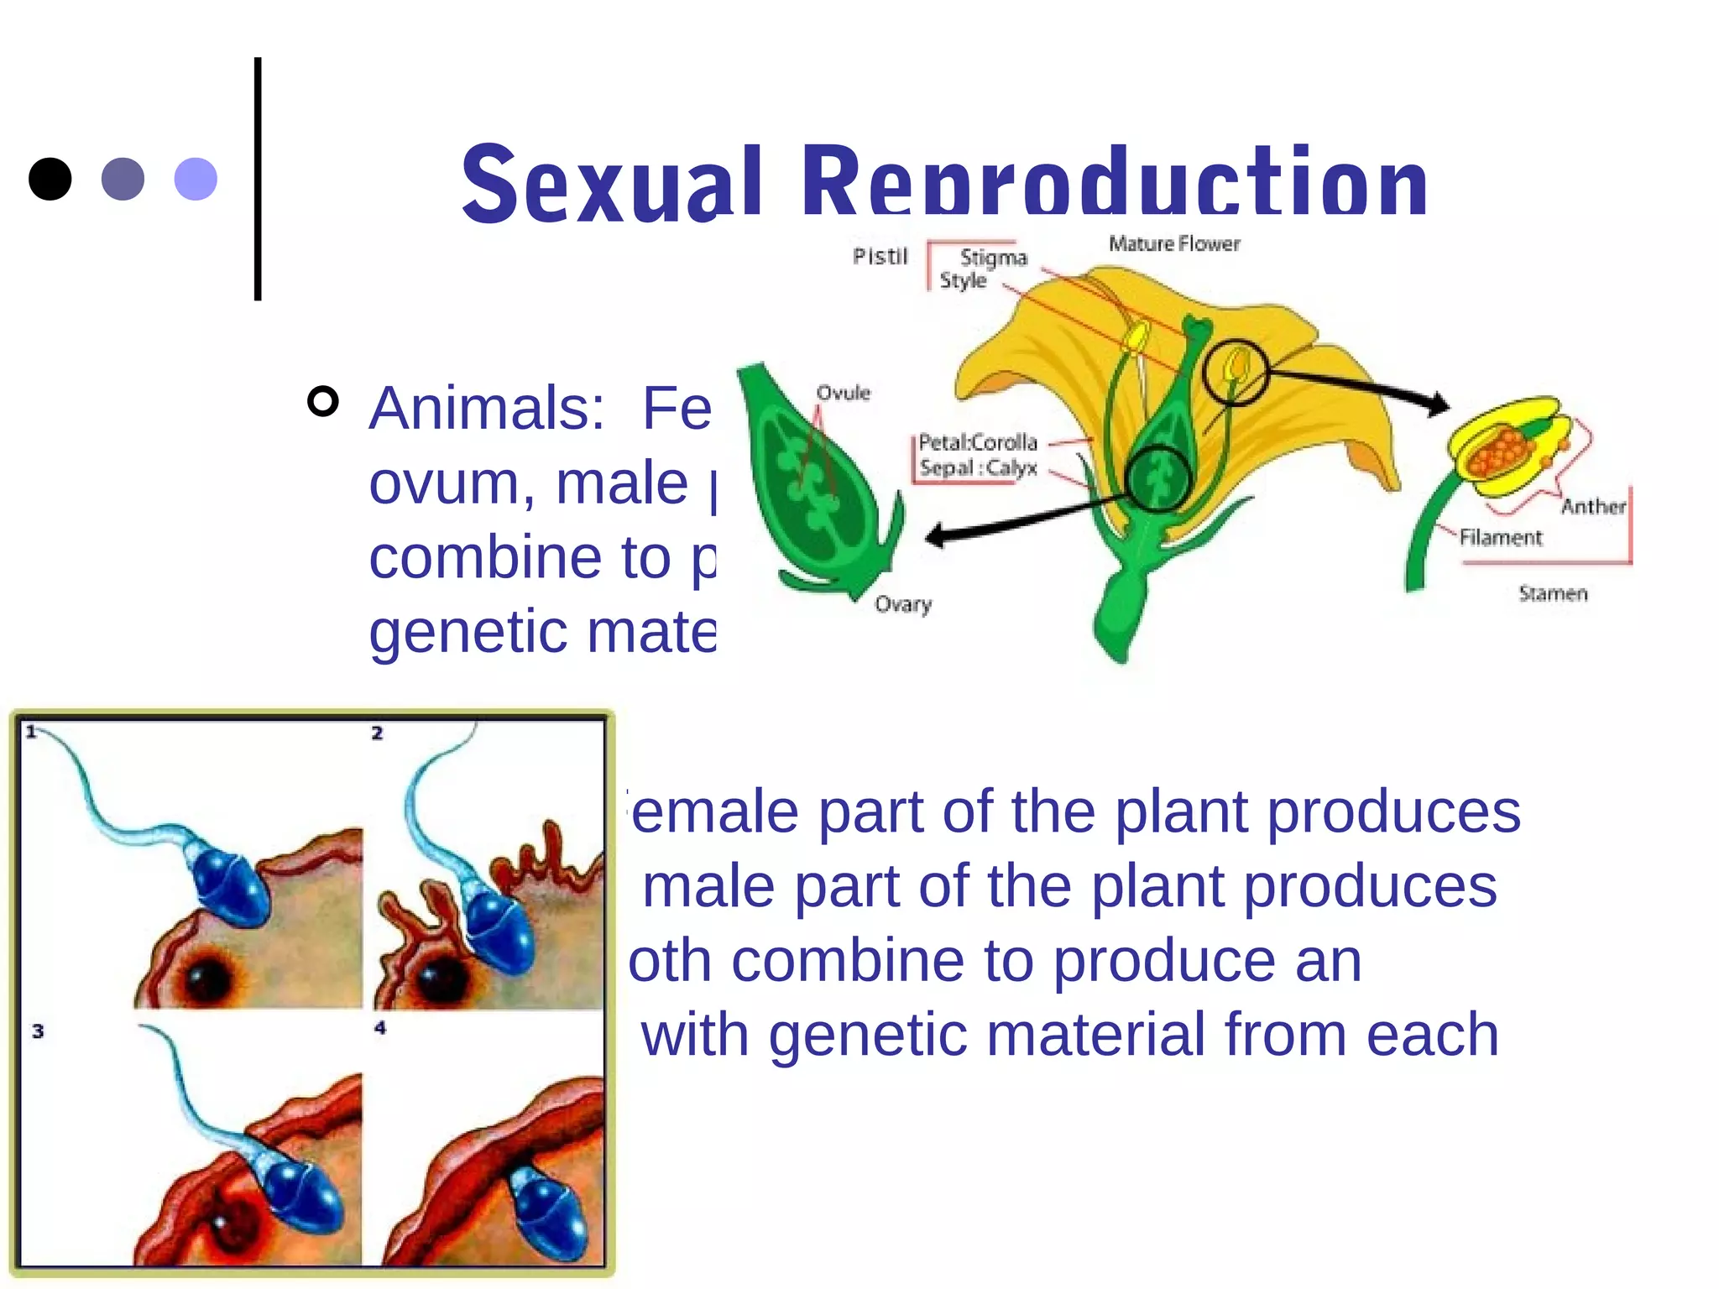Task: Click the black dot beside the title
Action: [50, 179]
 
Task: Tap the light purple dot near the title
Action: [196, 179]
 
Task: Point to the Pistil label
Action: [880, 256]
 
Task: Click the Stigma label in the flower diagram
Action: [993, 257]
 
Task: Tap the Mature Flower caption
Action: [1173, 243]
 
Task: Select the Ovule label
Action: [844, 393]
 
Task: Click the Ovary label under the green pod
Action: [903, 604]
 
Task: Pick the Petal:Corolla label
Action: [978, 442]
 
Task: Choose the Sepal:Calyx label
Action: [978, 467]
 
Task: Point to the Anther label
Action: [1592, 506]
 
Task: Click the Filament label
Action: [1500, 537]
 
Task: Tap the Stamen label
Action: [1553, 593]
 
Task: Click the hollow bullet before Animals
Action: [323, 402]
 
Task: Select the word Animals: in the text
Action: [487, 409]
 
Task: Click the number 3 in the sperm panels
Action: [38, 1031]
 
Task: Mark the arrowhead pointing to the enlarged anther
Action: [1440, 405]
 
